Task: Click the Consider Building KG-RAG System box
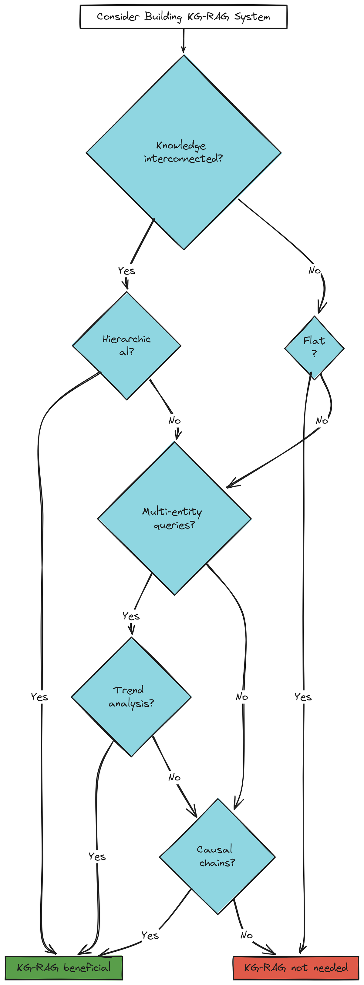point(183,17)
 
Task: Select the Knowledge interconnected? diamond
point(183,152)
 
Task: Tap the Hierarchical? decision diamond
point(127,346)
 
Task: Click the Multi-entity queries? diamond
point(174,519)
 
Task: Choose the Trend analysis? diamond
point(131,697)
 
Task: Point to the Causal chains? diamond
point(217,856)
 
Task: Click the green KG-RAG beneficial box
point(63,968)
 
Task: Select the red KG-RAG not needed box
point(295,968)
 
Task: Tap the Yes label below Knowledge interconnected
point(126,271)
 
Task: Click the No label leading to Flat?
point(315,270)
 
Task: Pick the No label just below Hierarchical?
point(174,421)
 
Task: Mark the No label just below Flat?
point(322,421)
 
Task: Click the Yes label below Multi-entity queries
point(131,616)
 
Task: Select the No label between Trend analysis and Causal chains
point(174,777)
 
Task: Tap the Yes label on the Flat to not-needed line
point(303,697)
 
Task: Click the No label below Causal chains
point(247,935)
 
